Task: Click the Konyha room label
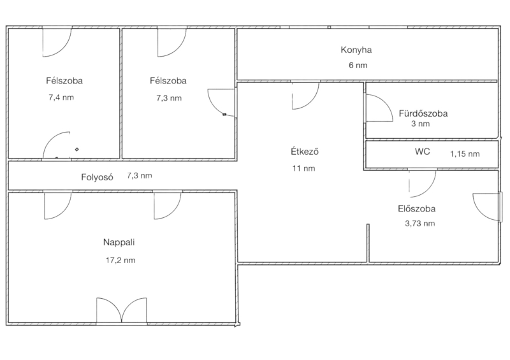(356, 50)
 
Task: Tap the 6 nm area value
(358, 66)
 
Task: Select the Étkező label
(305, 152)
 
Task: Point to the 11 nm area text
(304, 168)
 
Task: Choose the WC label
(423, 152)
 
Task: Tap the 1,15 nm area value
(465, 154)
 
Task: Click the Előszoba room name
(417, 209)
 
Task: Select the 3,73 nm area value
(420, 224)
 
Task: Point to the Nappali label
(119, 242)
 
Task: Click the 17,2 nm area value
(120, 260)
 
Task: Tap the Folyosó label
(97, 177)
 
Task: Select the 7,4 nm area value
(61, 97)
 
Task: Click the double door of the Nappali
(121, 311)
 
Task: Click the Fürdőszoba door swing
(379, 108)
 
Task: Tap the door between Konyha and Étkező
(305, 95)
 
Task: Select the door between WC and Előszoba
(423, 184)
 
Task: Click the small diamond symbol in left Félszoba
(76, 149)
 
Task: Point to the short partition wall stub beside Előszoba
(368, 243)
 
